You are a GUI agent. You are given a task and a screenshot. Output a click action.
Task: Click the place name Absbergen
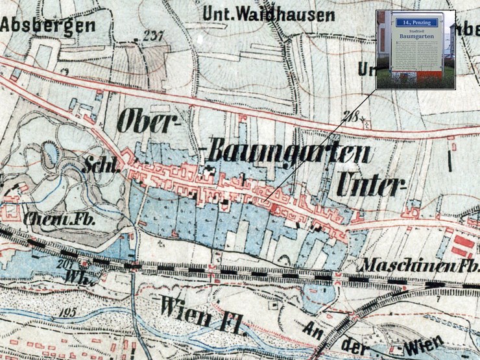pos(47,25)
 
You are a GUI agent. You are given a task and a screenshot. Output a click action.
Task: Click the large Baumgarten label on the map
pos(289,154)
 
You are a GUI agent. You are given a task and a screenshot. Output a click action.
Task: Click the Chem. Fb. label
pos(60,219)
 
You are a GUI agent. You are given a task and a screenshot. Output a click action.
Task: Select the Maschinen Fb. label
pos(418,265)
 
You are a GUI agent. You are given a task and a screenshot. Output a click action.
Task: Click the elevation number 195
pos(66,313)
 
